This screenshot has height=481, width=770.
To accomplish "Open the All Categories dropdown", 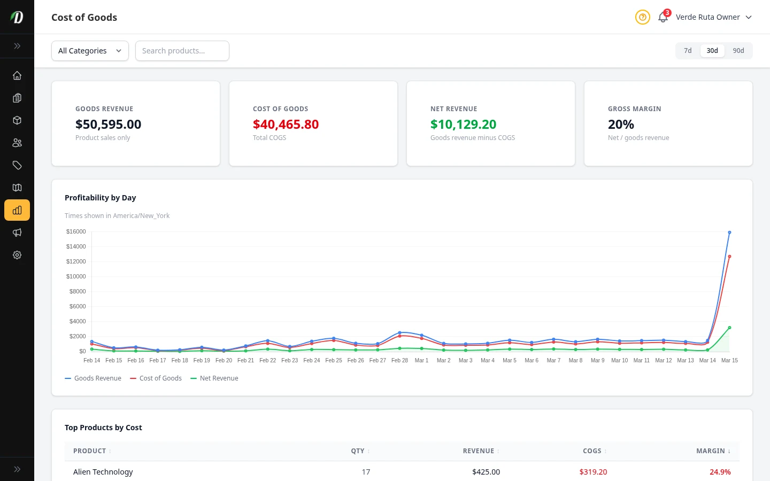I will point(90,51).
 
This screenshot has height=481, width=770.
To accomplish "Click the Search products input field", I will point(182,51).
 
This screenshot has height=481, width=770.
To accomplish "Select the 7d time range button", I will point(688,51).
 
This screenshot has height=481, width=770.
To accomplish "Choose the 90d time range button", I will point(738,51).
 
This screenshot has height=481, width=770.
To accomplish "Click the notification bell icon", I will point(663,17).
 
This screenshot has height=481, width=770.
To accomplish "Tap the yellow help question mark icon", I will point(642,17).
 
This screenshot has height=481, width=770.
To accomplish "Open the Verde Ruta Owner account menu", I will point(713,17).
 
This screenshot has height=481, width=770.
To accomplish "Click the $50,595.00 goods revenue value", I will point(108,125).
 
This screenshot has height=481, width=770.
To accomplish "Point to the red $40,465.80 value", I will point(286,125).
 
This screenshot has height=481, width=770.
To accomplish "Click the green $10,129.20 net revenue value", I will point(463,125).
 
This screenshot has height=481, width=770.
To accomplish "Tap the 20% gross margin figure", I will point(621,125).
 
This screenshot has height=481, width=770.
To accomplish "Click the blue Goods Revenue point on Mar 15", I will point(729,232).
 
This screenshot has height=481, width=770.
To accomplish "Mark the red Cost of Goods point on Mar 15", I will point(729,257).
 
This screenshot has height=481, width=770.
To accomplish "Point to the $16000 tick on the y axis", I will point(76,231).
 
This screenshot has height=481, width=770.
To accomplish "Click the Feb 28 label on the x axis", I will point(399,361).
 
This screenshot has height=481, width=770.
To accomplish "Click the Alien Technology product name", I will point(103,472).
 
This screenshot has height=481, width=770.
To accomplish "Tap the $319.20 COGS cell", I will point(593,472).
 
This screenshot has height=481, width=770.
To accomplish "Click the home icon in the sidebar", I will point(17,75).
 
